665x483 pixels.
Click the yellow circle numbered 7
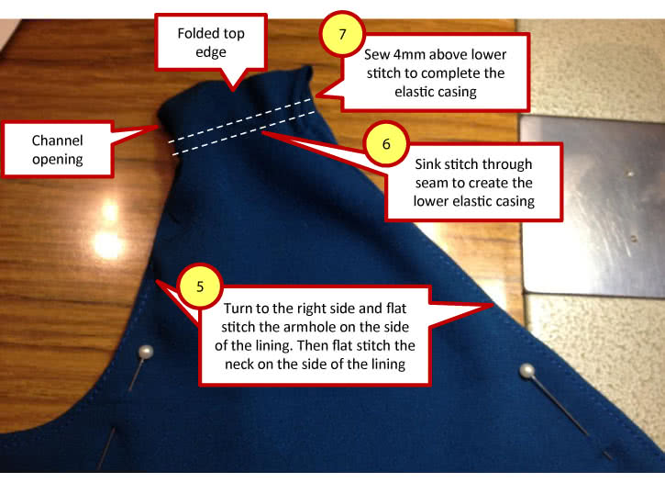343,34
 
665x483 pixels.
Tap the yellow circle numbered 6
386,143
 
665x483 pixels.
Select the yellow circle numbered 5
200,286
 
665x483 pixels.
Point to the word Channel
57,140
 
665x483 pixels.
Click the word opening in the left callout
57,160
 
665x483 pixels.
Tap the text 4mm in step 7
408,54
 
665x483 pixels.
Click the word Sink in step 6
426,163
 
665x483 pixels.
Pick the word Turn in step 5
238,309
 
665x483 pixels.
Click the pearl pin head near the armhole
146,353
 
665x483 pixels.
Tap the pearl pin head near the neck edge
526,371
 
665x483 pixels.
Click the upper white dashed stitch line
239,120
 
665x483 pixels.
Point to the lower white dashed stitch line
244,133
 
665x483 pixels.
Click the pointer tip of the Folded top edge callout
233,91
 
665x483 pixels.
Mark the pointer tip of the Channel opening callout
159,126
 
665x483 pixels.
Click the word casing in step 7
457,92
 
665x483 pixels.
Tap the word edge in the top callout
211,52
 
